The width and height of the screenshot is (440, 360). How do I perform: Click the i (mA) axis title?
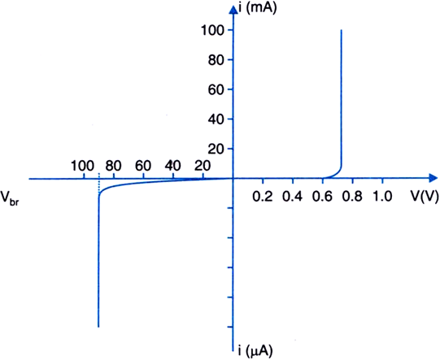[x=258, y=8]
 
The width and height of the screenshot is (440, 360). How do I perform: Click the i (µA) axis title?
[x=255, y=350]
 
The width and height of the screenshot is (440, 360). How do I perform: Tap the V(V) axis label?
[x=425, y=196]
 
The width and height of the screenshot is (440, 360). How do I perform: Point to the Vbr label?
[x=10, y=198]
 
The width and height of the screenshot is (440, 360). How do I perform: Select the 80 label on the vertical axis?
[x=216, y=60]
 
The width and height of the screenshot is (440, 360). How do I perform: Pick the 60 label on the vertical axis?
[x=216, y=89]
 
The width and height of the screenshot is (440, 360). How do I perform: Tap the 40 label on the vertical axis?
[x=216, y=119]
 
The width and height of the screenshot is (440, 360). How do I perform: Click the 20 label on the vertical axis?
[x=216, y=150]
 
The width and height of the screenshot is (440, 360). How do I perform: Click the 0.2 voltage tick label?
[x=263, y=197]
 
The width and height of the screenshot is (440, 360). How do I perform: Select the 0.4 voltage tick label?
[x=293, y=197]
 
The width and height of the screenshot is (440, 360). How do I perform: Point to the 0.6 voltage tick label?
[x=322, y=197]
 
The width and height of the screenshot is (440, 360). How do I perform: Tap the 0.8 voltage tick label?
[x=352, y=197]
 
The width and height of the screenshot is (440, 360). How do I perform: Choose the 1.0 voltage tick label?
[x=382, y=197]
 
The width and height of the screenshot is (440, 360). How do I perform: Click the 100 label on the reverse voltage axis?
[x=82, y=166]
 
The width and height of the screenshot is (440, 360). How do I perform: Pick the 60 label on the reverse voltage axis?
[x=143, y=166]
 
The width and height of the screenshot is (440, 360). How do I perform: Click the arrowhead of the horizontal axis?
[x=433, y=178]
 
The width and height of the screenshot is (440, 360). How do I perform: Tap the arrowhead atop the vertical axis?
[x=233, y=10]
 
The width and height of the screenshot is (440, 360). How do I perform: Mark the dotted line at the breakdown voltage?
[x=98, y=184]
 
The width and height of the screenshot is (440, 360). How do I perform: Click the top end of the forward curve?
[x=342, y=30]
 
